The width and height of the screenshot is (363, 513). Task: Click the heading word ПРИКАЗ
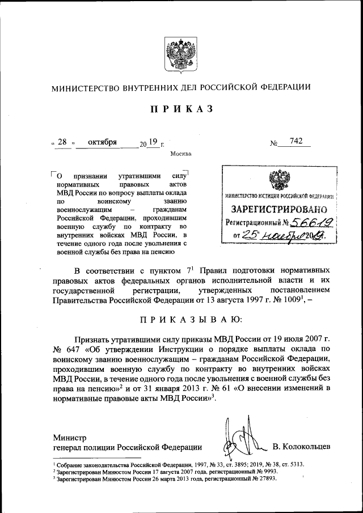coord(181,109)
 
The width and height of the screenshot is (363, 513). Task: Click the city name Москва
coord(180,154)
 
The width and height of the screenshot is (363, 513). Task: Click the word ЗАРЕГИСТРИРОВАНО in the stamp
coord(278,210)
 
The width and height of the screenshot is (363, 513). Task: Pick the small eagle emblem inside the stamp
coord(277,181)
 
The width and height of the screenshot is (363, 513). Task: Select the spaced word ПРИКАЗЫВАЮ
coord(181,320)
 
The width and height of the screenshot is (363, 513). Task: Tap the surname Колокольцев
coord(301,448)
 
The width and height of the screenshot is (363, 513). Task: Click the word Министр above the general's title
coord(70,437)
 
